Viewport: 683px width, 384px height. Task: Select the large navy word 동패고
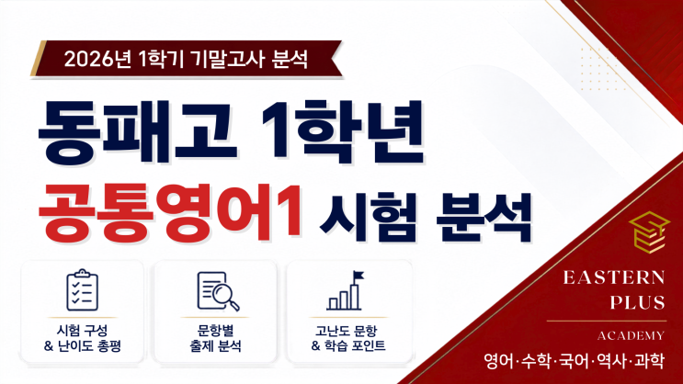(x=138, y=132)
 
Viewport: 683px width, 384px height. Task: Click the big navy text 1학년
(x=343, y=132)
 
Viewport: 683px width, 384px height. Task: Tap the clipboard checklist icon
(x=83, y=290)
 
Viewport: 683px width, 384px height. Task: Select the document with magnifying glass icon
(x=218, y=291)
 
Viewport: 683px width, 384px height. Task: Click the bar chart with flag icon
(x=346, y=290)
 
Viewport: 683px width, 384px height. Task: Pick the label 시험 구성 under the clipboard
(x=83, y=331)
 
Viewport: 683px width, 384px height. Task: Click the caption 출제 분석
(x=215, y=346)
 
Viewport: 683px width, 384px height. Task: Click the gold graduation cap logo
(x=650, y=232)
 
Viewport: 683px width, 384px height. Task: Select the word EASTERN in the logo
(x=614, y=277)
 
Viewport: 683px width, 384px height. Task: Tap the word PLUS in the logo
(x=638, y=302)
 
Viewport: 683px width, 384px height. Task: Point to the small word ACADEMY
(x=632, y=335)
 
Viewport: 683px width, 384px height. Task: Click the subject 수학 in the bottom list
(x=536, y=361)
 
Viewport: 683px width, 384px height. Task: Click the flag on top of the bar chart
(x=359, y=276)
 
